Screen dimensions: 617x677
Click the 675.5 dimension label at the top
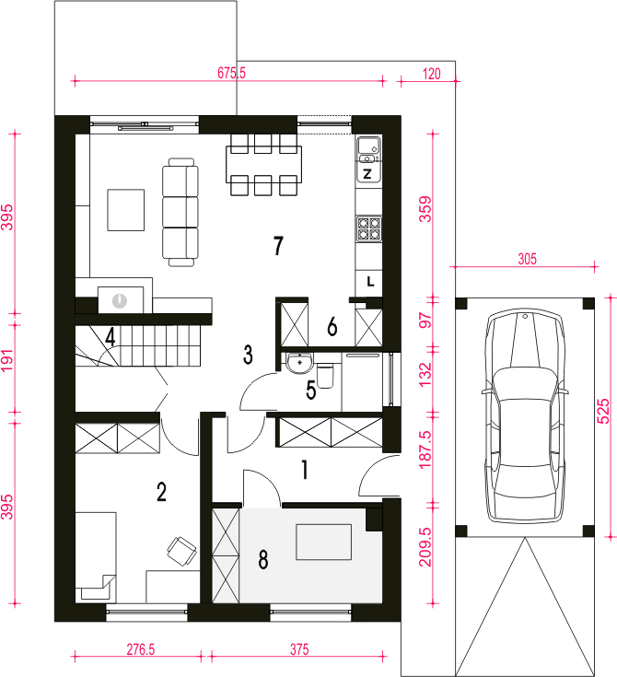tap(231, 73)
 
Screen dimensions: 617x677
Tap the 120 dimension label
tap(431, 74)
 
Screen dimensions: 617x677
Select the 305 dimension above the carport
tap(527, 259)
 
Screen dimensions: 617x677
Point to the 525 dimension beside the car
tap(603, 411)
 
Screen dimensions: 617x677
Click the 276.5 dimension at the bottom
tap(140, 649)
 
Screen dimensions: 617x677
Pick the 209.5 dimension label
tap(425, 546)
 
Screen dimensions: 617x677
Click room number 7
tap(278, 245)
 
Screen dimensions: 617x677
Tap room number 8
tap(263, 559)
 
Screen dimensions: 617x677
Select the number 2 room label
tap(161, 492)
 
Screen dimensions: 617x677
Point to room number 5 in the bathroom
tap(311, 391)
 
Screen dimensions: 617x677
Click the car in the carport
tap(525, 415)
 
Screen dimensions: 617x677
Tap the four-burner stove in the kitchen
tap(368, 228)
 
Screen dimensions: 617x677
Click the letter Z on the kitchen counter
tap(367, 174)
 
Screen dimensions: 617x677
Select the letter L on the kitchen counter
tap(370, 282)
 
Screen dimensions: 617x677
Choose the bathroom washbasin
tap(299, 362)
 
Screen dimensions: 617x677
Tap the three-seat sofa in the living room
tap(180, 213)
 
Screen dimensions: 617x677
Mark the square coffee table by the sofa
tap(125, 210)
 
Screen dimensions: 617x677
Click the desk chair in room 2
tap(181, 551)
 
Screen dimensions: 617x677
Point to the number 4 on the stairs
tap(111, 337)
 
